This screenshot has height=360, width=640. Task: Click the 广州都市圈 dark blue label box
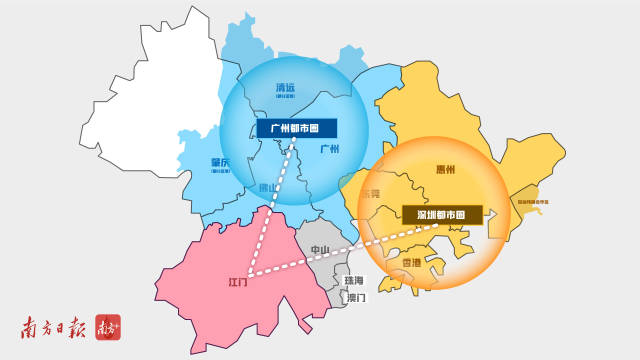pyautogui.click(x=297, y=128)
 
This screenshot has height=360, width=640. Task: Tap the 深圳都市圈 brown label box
pyautogui.click(x=441, y=214)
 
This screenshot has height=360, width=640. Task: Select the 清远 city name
pyautogui.click(x=286, y=88)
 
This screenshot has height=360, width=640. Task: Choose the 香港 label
pyautogui.click(x=410, y=263)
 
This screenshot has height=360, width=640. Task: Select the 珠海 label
pyautogui.click(x=353, y=282)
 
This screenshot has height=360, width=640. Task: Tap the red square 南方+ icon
pyautogui.click(x=108, y=328)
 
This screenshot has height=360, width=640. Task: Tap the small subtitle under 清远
pyautogui.click(x=286, y=99)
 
